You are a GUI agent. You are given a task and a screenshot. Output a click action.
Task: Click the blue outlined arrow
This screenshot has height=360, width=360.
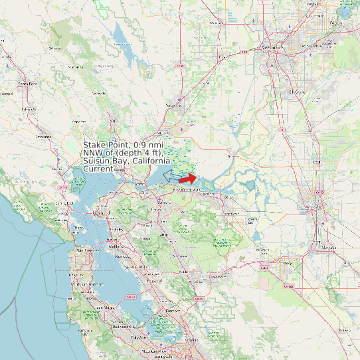pos(171,175)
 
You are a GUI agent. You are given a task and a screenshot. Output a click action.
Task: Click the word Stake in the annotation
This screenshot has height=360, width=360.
pos(96,145)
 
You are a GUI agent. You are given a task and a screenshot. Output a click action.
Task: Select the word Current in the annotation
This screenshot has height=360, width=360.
pos(98,169)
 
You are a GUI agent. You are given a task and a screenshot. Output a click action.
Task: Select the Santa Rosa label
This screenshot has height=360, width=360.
pos(27,84)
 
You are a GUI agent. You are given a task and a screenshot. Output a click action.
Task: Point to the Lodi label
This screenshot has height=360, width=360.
pos(316,161)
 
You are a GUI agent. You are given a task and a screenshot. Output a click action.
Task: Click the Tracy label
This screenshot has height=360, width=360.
pos(286,263)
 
